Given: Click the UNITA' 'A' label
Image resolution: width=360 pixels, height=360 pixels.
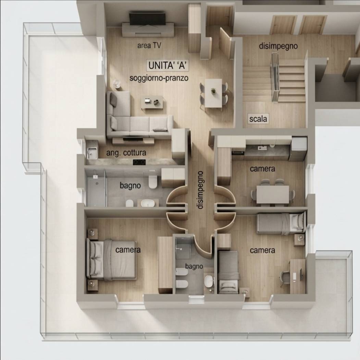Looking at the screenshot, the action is coord(168,65).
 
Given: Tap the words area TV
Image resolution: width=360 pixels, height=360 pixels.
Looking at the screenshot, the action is coord(149,46).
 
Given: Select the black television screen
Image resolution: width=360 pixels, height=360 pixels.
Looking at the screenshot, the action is coord(147,19).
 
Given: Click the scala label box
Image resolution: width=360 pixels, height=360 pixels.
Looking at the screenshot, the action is coord(258,119).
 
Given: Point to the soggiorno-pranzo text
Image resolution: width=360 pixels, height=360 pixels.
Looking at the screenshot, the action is coord(159,78).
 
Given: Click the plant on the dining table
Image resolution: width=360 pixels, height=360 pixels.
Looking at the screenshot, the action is coord(213,91).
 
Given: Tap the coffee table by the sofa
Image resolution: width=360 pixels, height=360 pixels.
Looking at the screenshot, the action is coord(152,103).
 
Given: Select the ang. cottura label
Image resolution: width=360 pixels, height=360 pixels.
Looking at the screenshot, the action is coord(126,153).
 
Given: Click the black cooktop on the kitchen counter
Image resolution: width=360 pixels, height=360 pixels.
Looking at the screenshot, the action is coord(139,162).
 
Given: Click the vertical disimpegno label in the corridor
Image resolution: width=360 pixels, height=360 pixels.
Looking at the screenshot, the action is coord(200,190).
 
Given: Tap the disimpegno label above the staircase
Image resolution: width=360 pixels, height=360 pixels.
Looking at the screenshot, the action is coord(278,46).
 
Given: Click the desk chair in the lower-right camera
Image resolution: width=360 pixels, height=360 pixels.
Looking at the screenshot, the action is coord(284,278).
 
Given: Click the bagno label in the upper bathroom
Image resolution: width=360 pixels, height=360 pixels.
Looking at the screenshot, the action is coord(130,185).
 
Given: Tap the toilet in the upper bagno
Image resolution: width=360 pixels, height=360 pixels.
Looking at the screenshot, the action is coord(152,181).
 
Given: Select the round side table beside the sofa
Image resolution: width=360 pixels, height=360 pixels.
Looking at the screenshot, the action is coord(117,84).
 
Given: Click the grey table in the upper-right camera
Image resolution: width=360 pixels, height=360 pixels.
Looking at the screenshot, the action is coord(273,194).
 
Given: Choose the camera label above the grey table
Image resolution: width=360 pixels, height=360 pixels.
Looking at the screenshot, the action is coord(262,169).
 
